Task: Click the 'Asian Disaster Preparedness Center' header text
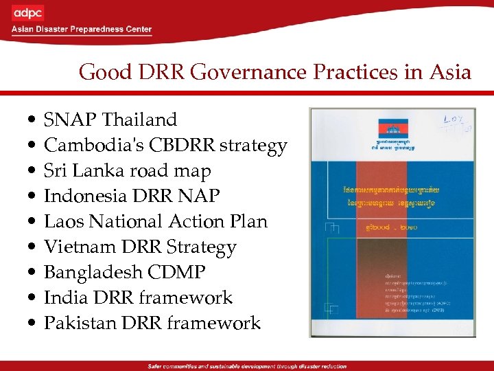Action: click(81, 30)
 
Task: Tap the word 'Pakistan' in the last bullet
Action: click(77, 323)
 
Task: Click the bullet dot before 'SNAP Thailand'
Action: click(25, 121)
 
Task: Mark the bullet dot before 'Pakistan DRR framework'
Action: click(25, 324)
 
